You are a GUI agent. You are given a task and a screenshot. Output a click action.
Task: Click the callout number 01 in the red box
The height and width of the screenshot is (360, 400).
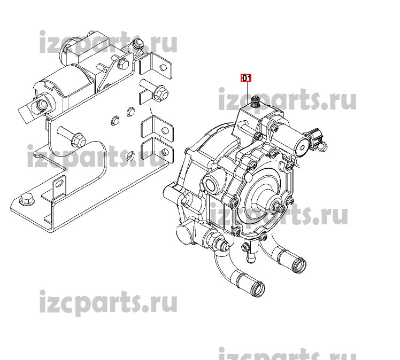pyautogui.click(x=246, y=77)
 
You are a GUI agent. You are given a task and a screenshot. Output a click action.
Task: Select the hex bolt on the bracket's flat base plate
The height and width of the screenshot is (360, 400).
pyautogui.click(x=27, y=199)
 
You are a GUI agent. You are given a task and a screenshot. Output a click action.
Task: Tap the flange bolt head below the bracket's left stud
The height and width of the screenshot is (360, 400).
pyautogui.click(x=79, y=139)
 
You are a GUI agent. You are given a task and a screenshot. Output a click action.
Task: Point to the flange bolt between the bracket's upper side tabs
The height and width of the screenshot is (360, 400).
pyautogui.click(x=160, y=92)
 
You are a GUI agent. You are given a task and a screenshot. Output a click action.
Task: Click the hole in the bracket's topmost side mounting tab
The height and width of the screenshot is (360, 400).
pyautogui.click(x=163, y=67)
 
